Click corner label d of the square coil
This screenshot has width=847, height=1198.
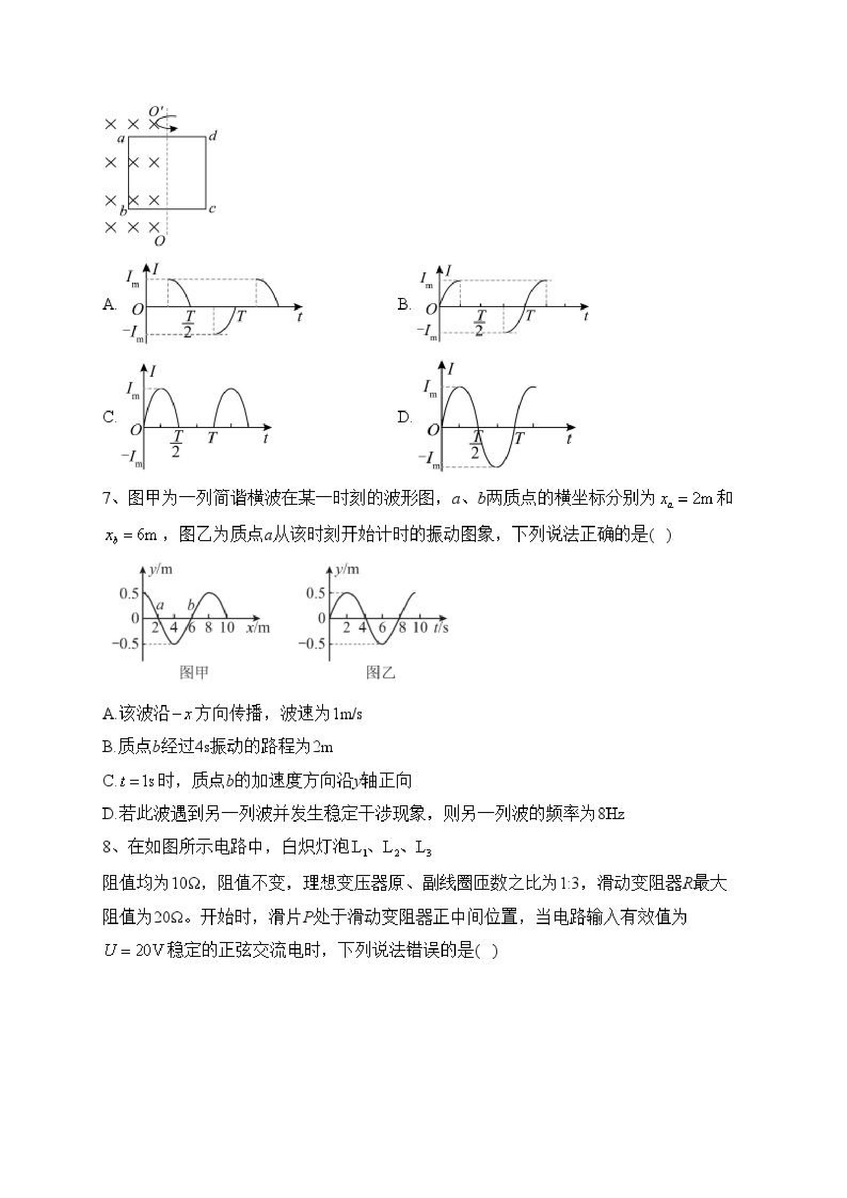[x=213, y=137]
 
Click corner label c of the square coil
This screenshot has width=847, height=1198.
[x=212, y=209]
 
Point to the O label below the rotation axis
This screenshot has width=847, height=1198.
[x=160, y=241]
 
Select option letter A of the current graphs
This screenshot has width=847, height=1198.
[x=109, y=305]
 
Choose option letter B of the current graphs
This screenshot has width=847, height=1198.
[x=404, y=304]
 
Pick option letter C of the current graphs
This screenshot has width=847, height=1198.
[x=109, y=417]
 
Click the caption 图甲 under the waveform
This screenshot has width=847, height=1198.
[x=194, y=673]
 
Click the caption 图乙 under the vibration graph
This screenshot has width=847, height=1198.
[x=380, y=673]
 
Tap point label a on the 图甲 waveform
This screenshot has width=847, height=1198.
[x=160, y=606]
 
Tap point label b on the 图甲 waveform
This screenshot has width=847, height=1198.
[x=191, y=606]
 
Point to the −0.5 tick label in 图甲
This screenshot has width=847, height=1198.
[x=125, y=644]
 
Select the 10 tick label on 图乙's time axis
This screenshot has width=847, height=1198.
[x=420, y=628]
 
